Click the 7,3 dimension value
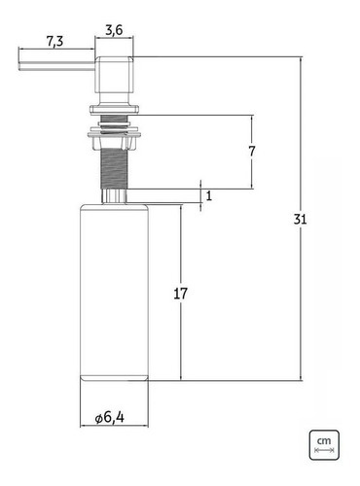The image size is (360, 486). pos(56,40)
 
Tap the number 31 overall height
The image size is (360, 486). pos(300,220)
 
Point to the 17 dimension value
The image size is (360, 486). pos(181,293)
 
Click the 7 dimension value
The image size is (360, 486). pos(252,152)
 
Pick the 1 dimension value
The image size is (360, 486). pos(207,195)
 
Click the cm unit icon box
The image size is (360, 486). pos(324,446)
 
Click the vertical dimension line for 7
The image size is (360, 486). pos(252,175)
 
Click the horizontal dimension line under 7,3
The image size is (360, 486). pos(56,52)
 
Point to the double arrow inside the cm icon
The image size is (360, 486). pos(324,453)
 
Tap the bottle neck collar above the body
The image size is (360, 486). pos(114,197)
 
